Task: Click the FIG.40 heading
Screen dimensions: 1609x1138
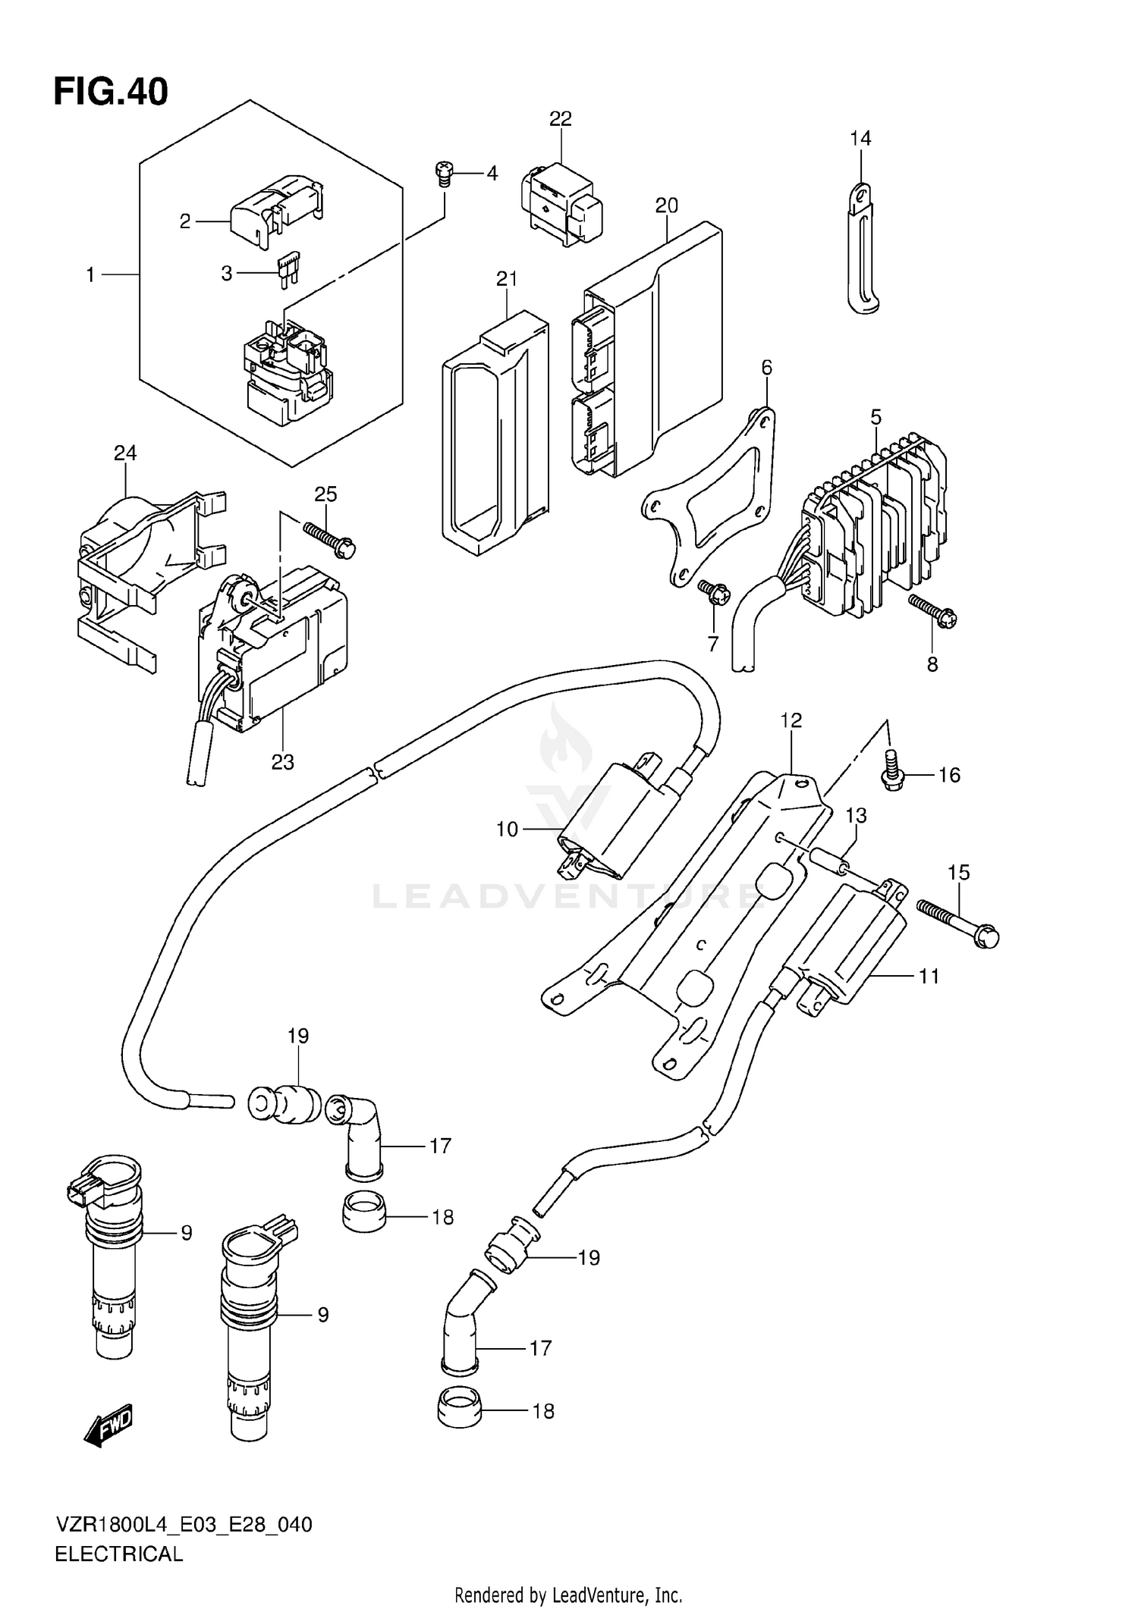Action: coord(111,92)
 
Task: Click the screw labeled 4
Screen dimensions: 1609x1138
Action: coord(444,174)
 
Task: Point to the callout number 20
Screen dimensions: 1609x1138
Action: coord(666,205)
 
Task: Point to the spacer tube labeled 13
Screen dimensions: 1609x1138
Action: coord(829,861)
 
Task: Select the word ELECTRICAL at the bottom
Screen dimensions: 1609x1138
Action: coord(119,1554)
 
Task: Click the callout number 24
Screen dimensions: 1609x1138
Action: coord(125,453)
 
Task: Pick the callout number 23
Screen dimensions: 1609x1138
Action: coord(282,762)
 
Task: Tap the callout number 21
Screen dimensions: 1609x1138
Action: coord(506,279)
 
